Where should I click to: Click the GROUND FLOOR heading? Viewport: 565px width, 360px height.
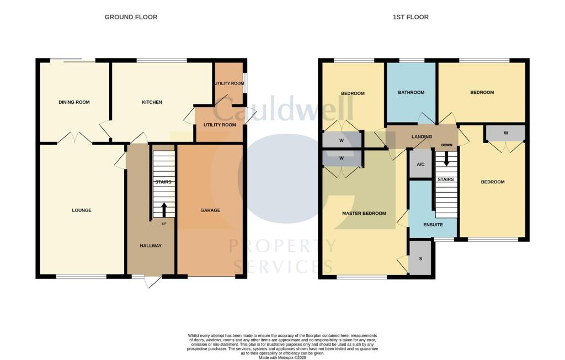(131, 17)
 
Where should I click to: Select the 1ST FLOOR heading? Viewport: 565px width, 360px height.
(411, 17)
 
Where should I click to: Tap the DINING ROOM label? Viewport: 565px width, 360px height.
(74, 102)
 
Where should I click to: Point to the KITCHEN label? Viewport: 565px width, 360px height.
(152, 102)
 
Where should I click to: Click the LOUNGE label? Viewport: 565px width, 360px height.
(82, 210)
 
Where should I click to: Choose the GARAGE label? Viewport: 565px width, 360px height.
(210, 210)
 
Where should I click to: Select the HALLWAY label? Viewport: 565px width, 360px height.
(151, 246)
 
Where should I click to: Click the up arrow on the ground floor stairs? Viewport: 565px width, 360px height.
(163, 210)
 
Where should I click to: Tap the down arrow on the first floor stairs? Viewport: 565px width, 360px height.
(446, 159)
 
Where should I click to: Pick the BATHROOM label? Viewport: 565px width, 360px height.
(411, 93)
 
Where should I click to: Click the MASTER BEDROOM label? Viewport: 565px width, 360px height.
(364, 213)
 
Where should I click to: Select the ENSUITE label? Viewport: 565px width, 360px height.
(433, 225)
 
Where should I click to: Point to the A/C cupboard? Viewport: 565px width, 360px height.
(420, 165)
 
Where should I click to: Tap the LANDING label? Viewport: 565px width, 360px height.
(422, 136)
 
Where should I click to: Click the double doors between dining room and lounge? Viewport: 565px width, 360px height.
(74, 138)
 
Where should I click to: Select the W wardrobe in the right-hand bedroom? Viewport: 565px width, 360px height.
(505, 133)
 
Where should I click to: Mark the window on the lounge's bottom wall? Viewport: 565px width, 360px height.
(81, 276)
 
